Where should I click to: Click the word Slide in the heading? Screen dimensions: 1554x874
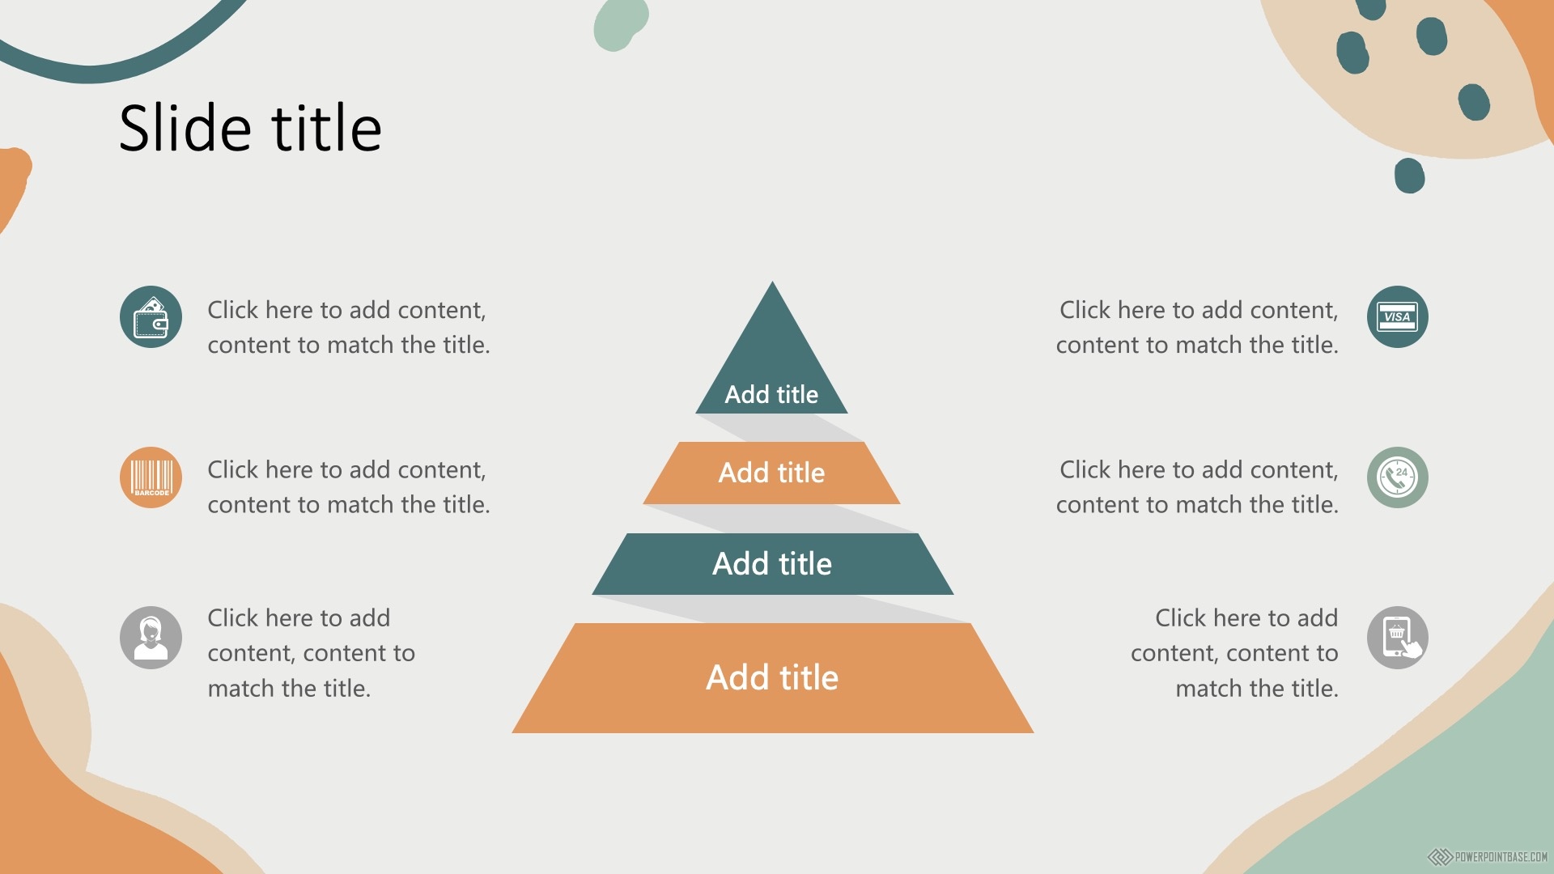[x=185, y=128]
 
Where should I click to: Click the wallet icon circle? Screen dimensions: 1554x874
[x=151, y=316]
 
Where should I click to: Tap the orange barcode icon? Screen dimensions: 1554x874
[x=151, y=477]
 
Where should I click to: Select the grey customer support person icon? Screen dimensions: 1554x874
[x=151, y=638]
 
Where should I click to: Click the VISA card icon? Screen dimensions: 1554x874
[x=1398, y=316]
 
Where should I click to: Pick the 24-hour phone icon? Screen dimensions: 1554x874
[x=1398, y=477]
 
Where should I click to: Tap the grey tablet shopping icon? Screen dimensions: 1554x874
[x=1398, y=638]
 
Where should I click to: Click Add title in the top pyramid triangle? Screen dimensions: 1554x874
[x=771, y=394]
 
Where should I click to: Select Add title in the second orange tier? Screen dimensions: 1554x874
[x=771, y=473]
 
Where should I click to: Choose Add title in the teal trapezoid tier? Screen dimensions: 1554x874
[x=772, y=563]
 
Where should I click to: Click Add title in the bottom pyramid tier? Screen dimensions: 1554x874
[x=772, y=677]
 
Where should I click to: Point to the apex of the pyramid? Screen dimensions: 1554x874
[x=772, y=282]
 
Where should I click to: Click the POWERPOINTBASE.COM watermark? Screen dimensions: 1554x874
[x=1488, y=857]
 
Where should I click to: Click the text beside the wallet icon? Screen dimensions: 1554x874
[x=349, y=327]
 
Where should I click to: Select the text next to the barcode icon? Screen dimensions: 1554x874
[x=349, y=486]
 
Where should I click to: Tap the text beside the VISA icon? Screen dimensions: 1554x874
[x=1197, y=327]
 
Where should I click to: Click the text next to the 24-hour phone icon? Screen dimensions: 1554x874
[x=1197, y=486]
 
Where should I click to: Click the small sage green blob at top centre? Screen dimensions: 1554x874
[x=619, y=24]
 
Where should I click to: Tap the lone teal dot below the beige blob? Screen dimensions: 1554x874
[x=1409, y=176]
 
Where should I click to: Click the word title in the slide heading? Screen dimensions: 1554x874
[x=326, y=128]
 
